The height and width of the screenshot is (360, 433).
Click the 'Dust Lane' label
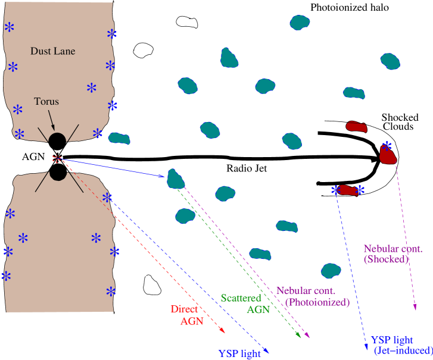(x=53, y=51)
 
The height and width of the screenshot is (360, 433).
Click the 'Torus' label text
(x=46, y=101)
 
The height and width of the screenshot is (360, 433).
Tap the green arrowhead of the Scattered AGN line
(x=299, y=336)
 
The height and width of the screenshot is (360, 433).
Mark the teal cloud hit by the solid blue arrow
(x=176, y=179)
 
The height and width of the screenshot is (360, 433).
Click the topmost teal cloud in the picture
(x=300, y=23)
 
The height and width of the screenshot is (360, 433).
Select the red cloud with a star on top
(x=388, y=154)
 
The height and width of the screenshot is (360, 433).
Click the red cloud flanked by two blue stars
(x=347, y=190)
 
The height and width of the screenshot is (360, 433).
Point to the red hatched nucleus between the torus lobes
(x=57, y=158)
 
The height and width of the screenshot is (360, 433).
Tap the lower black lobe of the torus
(x=58, y=171)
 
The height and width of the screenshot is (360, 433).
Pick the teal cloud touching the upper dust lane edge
(x=120, y=139)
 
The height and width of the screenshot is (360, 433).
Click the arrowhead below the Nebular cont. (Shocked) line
(x=415, y=307)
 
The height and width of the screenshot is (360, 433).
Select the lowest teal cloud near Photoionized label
(x=331, y=271)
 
